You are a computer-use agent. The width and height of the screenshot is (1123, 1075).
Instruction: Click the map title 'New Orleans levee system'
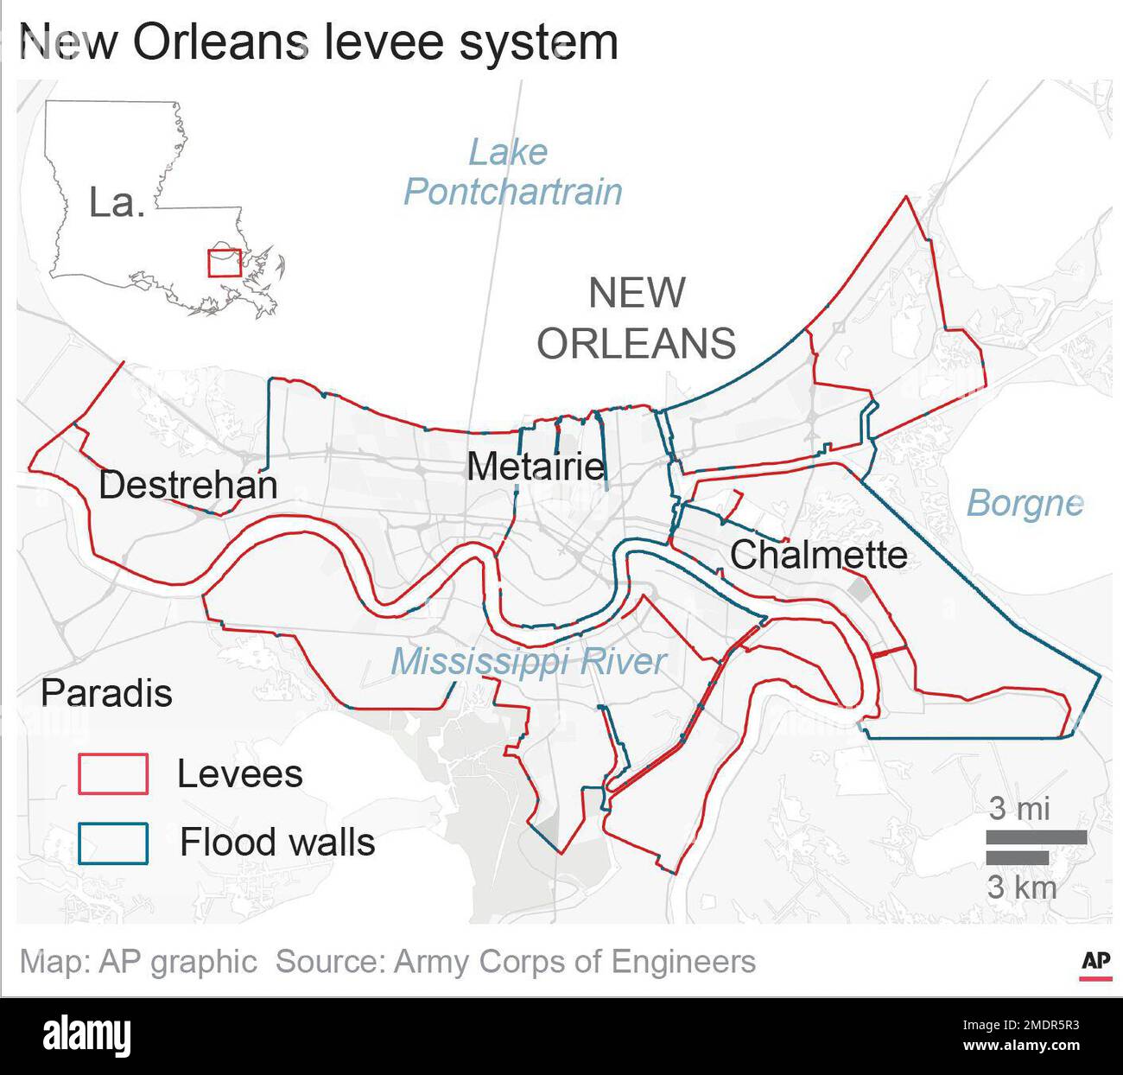point(318,42)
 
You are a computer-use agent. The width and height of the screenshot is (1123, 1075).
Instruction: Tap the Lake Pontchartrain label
point(512,172)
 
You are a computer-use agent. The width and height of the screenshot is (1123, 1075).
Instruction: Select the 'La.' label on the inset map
point(116,203)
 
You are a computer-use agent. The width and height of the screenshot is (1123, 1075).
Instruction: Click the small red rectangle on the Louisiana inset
point(224,263)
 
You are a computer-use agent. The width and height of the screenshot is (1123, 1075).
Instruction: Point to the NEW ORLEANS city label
point(637,318)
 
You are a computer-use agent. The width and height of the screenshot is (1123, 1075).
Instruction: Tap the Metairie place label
point(536,467)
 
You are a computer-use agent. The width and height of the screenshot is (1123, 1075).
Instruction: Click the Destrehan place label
point(188,485)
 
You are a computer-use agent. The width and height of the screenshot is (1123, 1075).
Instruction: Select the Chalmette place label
point(818,555)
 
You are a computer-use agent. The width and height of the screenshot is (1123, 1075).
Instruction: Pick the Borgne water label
point(1024,503)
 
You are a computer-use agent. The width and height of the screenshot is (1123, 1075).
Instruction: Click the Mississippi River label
point(529,662)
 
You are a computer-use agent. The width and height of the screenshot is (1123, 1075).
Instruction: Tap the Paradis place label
point(106,693)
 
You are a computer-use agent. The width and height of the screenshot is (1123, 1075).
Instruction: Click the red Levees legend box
point(113,773)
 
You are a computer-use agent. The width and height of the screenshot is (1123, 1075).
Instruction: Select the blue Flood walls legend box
point(113,843)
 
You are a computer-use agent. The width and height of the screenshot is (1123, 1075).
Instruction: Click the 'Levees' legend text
point(239,773)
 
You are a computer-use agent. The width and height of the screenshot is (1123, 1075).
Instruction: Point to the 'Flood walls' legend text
point(277,842)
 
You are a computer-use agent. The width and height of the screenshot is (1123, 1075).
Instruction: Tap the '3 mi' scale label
point(1019,808)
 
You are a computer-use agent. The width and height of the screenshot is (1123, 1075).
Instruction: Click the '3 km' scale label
point(1022,887)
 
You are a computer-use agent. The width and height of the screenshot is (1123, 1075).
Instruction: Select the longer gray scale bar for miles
point(1036,836)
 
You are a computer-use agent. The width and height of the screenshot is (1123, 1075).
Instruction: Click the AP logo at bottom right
point(1095,963)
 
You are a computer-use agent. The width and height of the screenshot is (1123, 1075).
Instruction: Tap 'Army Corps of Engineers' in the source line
point(574,962)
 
